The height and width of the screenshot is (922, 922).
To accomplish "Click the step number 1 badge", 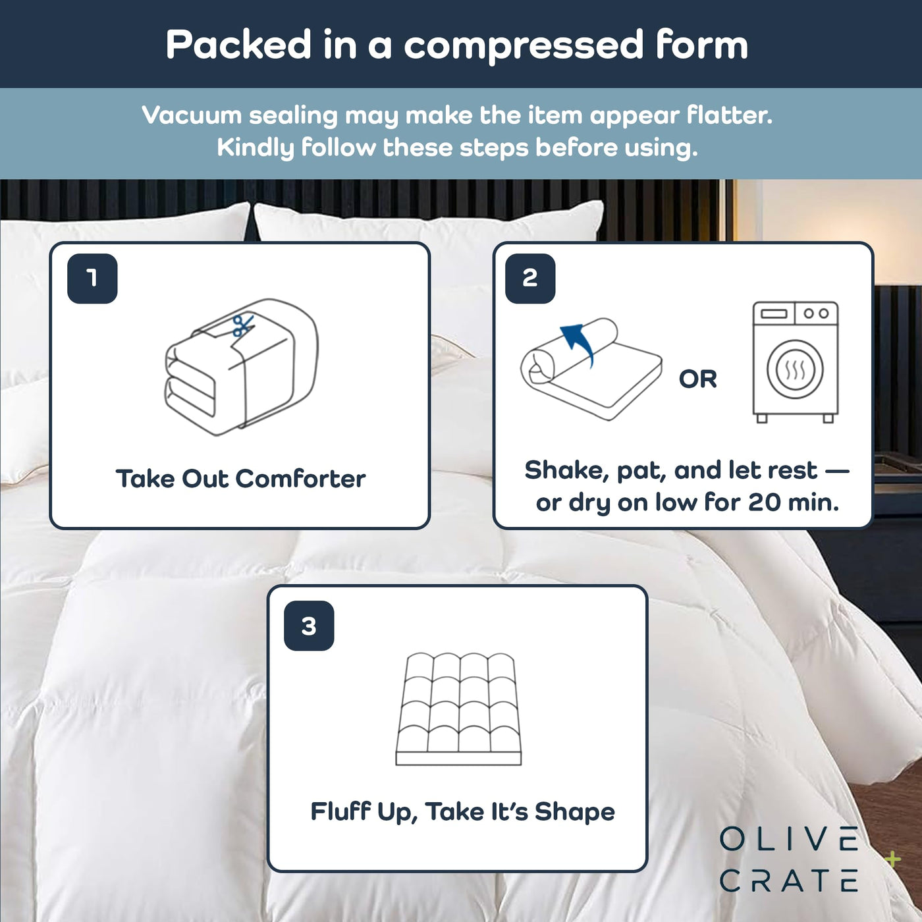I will (92, 278).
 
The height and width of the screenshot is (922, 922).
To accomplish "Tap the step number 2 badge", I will (530, 278).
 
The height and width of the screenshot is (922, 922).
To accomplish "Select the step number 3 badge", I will (309, 626).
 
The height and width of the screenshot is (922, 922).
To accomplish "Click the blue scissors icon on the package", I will (242, 325).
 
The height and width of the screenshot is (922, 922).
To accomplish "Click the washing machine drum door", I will (795, 369).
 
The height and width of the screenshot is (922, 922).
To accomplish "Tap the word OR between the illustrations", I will (697, 379).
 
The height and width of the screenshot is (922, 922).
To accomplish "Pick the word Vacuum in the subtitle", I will (192, 115).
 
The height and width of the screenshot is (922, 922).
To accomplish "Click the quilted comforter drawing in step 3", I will (458, 709).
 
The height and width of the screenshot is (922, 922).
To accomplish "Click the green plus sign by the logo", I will (893, 859).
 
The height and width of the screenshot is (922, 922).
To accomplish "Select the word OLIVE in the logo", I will (789, 840).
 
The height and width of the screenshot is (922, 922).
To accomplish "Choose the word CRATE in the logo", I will (789, 881).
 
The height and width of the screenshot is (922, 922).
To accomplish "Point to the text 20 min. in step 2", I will (794, 502).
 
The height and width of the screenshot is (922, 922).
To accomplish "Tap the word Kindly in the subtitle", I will (255, 147).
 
